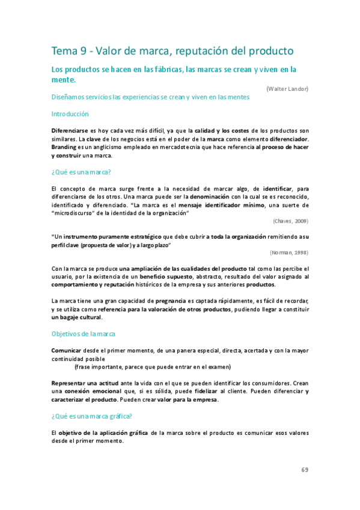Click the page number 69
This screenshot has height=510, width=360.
tap(305, 470)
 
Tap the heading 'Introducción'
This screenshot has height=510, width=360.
tap(70, 114)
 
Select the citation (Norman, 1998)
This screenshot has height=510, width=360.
tap(289, 253)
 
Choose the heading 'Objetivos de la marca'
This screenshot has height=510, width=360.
tap(84, 333)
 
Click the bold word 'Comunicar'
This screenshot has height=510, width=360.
tap(66, 349)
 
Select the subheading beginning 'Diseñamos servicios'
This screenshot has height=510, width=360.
tap(150, 97)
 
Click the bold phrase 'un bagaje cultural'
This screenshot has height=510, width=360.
tap(76, 317)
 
